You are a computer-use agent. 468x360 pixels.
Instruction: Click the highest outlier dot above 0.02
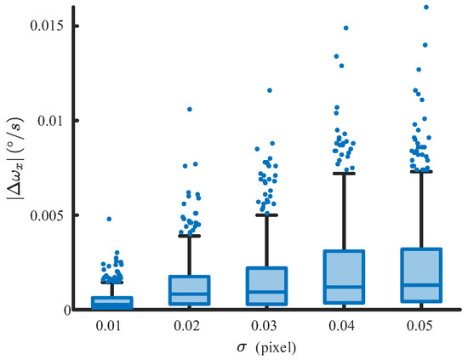[190, 109]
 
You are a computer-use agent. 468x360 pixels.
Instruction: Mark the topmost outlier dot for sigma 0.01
[109, 219]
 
